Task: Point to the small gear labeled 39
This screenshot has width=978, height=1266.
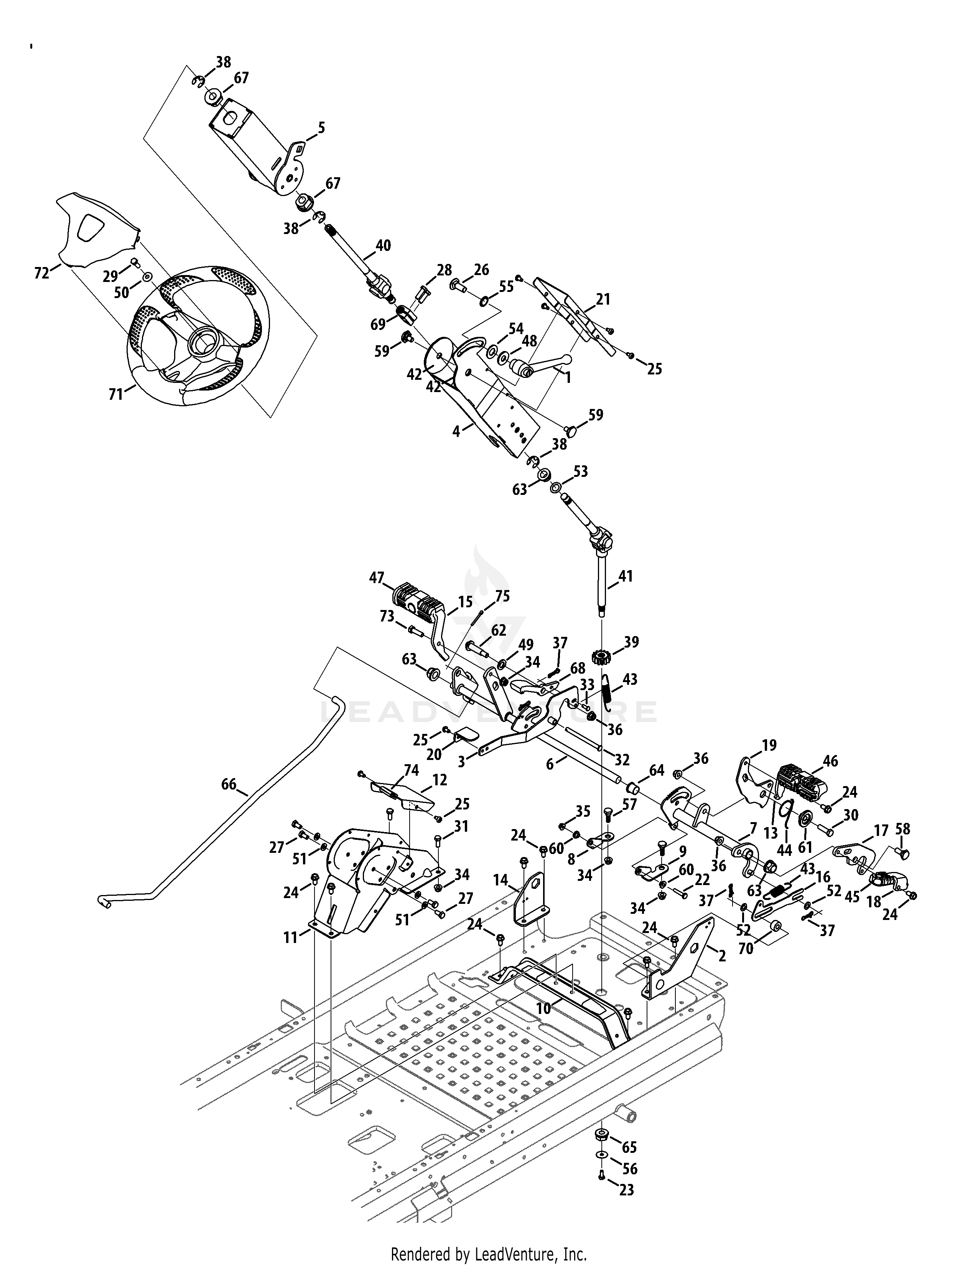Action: (603, 657)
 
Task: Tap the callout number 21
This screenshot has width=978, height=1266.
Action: (603, 300)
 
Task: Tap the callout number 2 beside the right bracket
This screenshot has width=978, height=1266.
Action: (722, 956)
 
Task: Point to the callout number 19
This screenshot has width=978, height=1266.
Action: (769, 745)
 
